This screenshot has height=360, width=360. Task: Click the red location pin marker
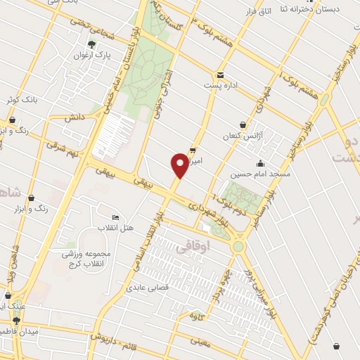[x=179, y=165]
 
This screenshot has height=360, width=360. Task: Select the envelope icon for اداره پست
[x=220, y=75]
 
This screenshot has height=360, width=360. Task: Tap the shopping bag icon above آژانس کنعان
[x=243, y=124]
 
